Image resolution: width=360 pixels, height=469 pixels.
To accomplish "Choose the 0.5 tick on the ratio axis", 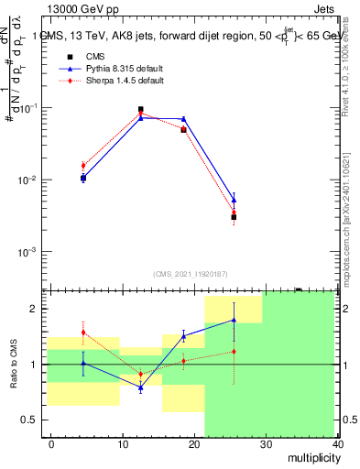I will pyautogui.click(x=32, y=420).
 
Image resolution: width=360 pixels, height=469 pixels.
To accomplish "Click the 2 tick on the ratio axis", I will pyautogui.click(x=38, y=309).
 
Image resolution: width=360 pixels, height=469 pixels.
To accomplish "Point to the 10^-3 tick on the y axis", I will pyautogui.click(x=28, y=251).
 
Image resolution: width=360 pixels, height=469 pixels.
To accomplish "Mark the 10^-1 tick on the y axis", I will pyautogui.click(x=28, y=108).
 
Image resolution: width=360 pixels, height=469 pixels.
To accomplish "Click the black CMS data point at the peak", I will pyautogui.click(x=140, y=110).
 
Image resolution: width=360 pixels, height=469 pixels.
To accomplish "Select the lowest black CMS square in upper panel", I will pyautogui.click(x=234, y=217).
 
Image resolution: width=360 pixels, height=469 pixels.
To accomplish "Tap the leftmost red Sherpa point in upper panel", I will pyautogui.click(x=83, y=165).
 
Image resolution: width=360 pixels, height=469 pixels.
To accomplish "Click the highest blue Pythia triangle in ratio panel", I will pyautogui.click(x=234, y=320).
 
